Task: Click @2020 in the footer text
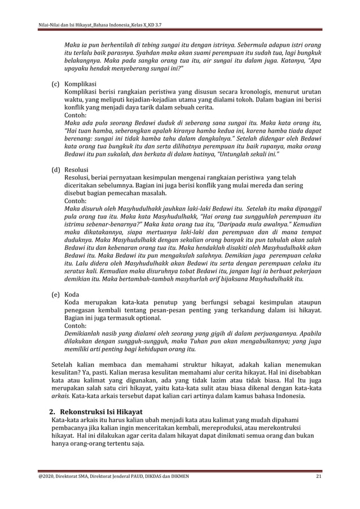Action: pos(46,477)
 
